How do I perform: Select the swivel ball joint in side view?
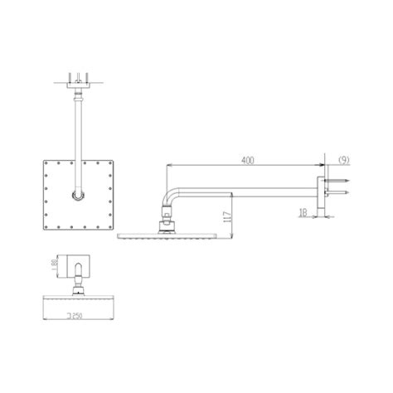167,222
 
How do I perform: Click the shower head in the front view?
75,298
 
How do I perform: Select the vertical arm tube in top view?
77,137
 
